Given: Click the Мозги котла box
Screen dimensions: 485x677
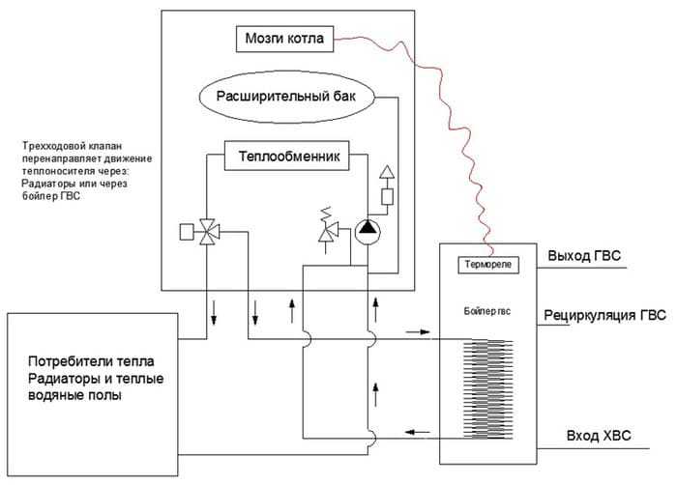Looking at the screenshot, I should tap(285, 40).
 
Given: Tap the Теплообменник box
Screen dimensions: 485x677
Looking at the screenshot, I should tap(286, 156).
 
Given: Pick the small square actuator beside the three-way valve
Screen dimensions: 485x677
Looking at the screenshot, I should tap(187, 231).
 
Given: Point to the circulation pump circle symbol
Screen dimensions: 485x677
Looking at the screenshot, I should tap(368, 230).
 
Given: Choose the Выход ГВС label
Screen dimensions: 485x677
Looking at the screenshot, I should tap(582, 256).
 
